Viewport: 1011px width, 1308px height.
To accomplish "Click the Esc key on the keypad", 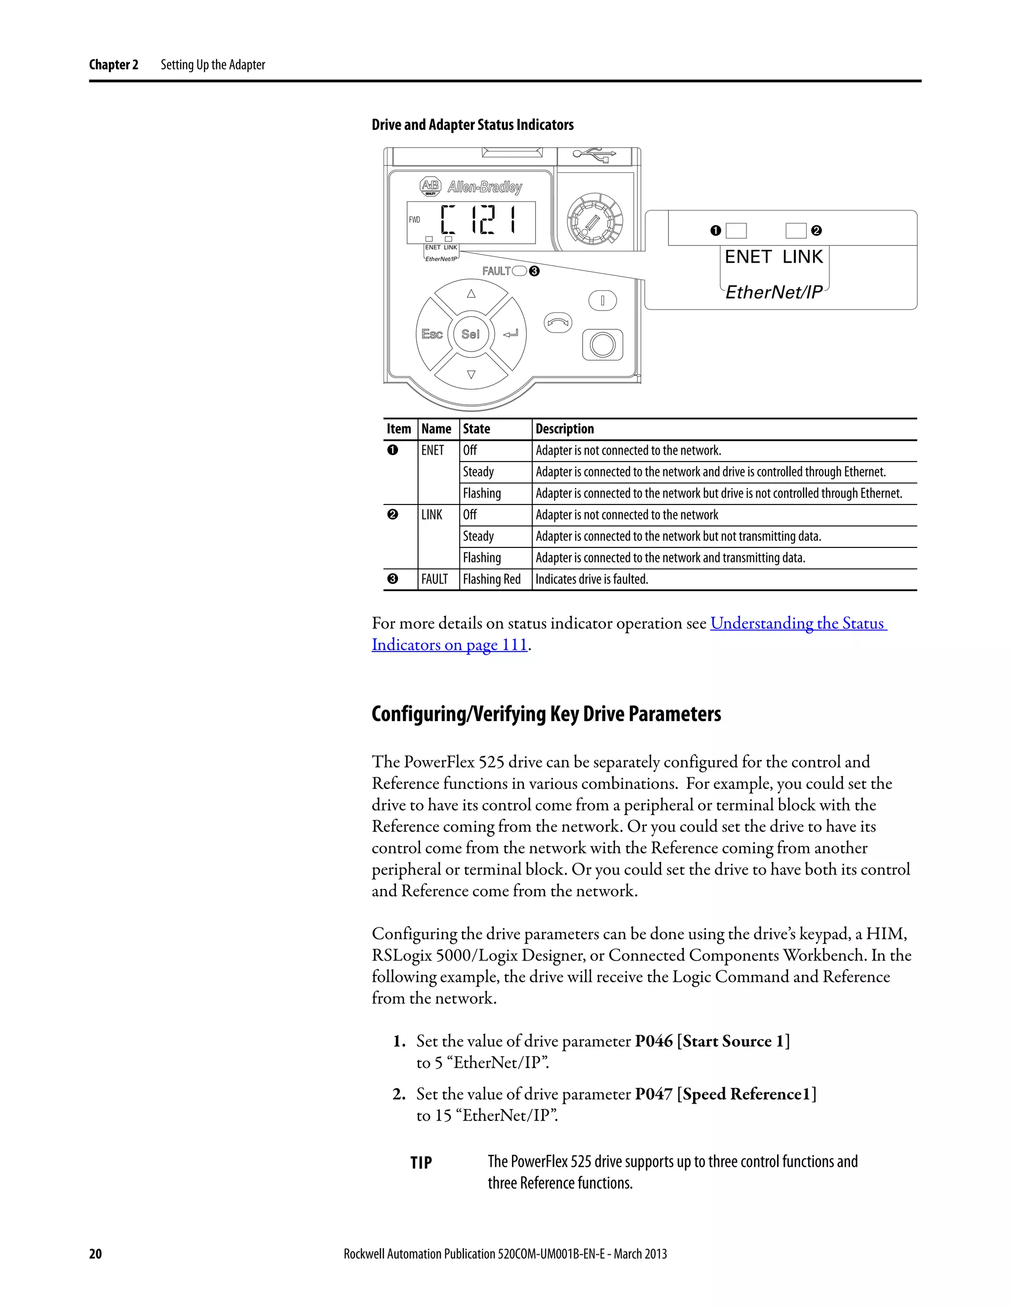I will point(431,334).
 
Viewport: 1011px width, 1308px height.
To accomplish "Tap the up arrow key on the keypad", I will point(471,294).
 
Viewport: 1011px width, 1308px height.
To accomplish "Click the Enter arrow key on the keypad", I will point(510,334).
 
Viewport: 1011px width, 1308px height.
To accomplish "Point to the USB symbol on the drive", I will point(594,154).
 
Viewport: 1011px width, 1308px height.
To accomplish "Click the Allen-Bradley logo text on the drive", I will point(485,187).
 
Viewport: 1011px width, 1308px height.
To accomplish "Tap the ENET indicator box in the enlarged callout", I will point(736,231).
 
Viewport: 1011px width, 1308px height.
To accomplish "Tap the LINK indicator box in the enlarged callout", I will point(796,231).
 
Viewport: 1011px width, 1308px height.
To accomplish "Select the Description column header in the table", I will point(565,429).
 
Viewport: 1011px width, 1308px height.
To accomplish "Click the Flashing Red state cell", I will point(492,579).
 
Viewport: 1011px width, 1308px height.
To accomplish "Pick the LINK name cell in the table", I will point(432,515).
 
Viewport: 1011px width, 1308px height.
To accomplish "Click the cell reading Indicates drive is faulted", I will point(592,579).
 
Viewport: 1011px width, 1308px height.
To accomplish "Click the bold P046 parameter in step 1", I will point(654,1041).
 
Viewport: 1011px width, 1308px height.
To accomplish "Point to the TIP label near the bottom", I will point(421,1162).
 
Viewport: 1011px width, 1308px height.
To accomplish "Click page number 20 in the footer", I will point(96,1254).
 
